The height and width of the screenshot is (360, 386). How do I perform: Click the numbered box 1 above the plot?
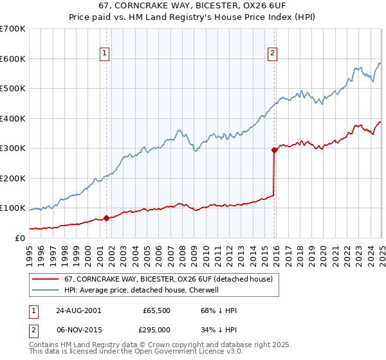104,53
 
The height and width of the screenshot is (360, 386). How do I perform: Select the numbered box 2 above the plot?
273,53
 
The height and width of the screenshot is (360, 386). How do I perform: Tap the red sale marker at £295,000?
274,150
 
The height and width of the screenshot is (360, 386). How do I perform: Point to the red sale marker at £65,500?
107,218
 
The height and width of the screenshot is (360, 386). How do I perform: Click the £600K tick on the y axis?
13,59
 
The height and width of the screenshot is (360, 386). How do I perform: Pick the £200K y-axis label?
13,178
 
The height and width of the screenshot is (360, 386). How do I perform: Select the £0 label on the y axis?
20,238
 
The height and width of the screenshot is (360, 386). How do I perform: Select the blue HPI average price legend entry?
142,290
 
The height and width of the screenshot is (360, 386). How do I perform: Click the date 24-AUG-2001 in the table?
78,310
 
